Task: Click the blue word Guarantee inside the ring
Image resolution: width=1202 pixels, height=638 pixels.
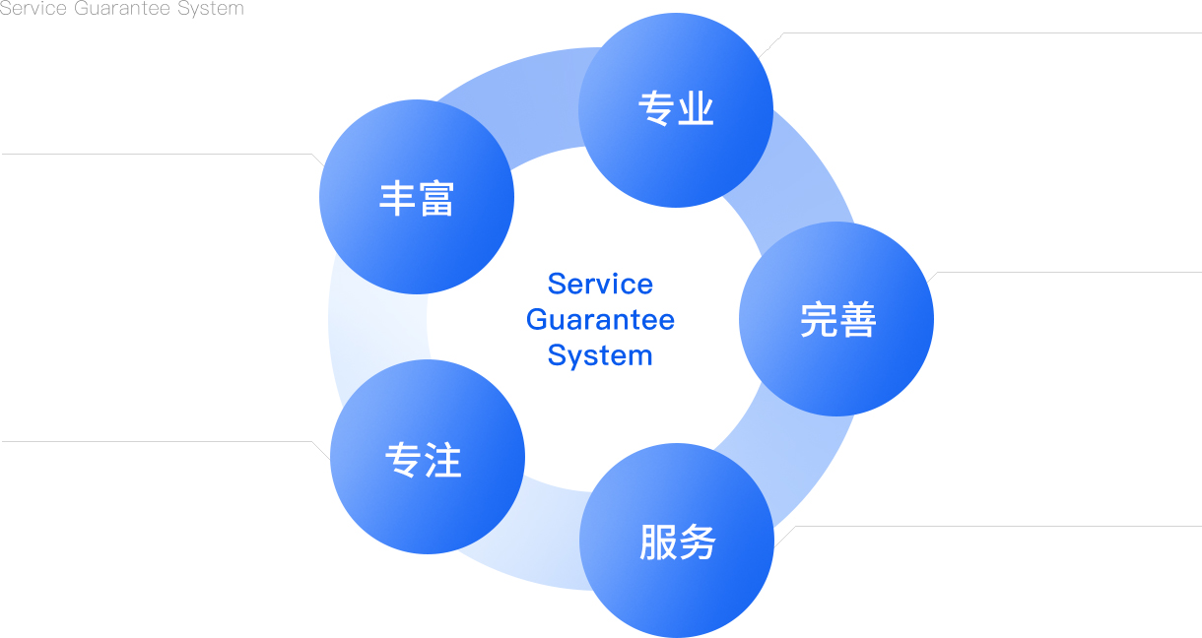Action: [x=600, y=319]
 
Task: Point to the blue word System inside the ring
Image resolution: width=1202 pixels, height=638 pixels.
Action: [x=600, y=354]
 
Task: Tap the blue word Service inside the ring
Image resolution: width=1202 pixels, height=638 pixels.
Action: [x=600, y=284]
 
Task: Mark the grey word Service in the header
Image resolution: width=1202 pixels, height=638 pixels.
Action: [x=33, y=9]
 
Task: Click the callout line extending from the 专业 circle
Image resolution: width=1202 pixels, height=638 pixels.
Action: [x=985, y=33]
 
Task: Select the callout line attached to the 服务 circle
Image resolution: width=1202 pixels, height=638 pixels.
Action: [x=995, y=526]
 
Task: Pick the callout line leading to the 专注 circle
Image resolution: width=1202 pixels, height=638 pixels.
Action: [x=158, y=441]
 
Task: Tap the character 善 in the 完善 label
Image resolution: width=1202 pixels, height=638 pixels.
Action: [x=856, y=320]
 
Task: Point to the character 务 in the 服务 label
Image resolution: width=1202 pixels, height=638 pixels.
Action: [x=697, y=542]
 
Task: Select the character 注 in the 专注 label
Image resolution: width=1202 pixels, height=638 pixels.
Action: [x=444, y=458]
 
